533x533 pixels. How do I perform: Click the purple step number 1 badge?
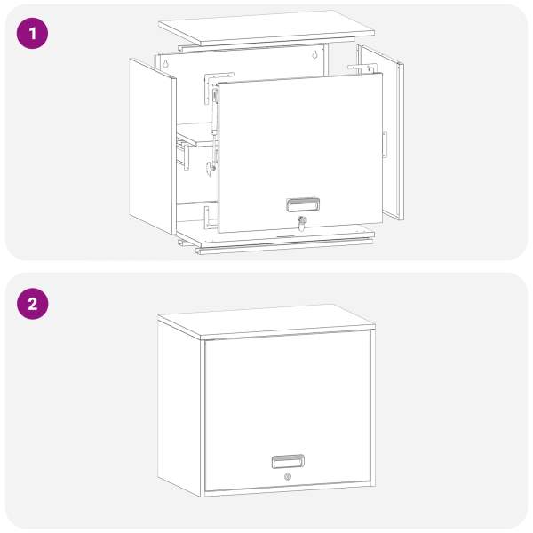pyautogui.click(x=32, y=34)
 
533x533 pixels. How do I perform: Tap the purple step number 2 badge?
pyautogui.click(x=32, y=304)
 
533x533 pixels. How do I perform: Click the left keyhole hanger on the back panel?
pyautogui.click(x=165, y=63)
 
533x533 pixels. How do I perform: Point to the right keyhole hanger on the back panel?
pyautogui.click(x=315, y=54)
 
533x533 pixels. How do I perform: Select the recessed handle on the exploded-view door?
pyautogui.click(x=303, y=204)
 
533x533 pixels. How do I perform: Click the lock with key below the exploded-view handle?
pyautogui.click(x=302, y=223)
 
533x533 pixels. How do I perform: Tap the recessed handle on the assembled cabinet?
pyautogui.click(x=288, y=461)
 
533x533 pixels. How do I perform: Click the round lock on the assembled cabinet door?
pyautogui.click(x=288, y=476)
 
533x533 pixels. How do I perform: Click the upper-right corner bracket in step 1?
pyautogui.click(x=361, y=68)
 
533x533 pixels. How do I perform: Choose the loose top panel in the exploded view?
pyautogui.click(x=266, y=28)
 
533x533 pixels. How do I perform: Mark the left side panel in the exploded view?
pyautogui.click(x=153, y=147)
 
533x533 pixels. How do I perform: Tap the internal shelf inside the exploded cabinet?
pyautogui.click(x=197, y=135)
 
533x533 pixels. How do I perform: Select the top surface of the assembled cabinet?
pyautogui.click(x=266, y=322)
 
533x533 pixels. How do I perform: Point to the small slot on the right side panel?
pyautogui.click(x=385, y=145)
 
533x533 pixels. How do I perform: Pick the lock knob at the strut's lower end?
pyautogui.click(x=211, y=168)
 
